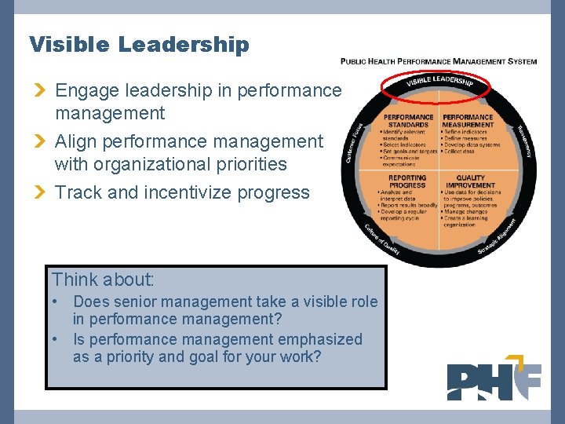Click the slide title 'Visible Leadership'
139,45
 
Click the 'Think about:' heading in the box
103,280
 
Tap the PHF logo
494,381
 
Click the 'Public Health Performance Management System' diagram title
439,61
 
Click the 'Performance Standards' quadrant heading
408,121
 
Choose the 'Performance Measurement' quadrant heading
468,121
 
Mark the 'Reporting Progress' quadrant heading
407,181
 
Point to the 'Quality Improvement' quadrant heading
471,181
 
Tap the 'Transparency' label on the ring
524,141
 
